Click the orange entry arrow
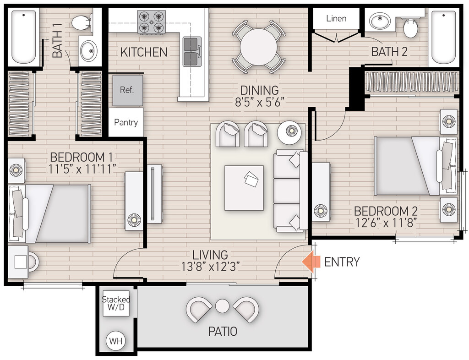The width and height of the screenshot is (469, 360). coord(311,262)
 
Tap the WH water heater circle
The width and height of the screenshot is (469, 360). coord(115,341)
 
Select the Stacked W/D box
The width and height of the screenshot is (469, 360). coord(116,303)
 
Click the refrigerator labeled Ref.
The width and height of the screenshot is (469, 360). coord(127,90)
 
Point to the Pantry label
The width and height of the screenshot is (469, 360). coord(126,122)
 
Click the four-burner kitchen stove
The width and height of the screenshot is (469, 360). coord(151,22)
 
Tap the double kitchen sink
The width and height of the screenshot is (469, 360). coord(192,51)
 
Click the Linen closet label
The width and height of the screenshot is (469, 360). coord(336,19)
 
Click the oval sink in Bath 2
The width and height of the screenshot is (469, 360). coord(380,21)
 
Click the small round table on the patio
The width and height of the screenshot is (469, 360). coord(222,306)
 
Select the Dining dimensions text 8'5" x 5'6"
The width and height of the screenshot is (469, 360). coord(260,102)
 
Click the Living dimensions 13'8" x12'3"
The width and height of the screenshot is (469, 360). coord(210,267)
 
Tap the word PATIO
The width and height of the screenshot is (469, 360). coord(223,331)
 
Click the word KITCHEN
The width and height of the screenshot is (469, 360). coord(144,52)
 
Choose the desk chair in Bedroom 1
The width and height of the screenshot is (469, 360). coord(33,262)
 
